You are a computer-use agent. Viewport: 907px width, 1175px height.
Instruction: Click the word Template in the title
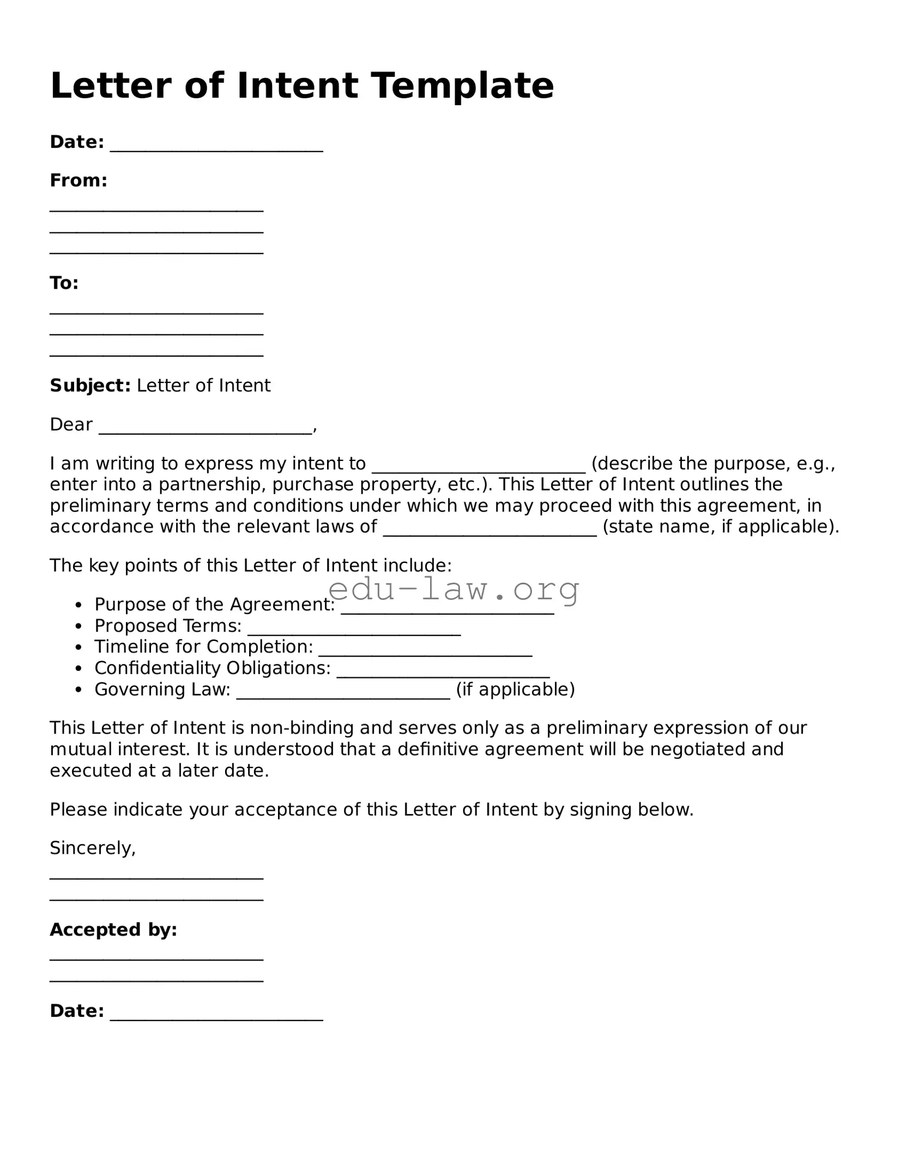tap(463, 86)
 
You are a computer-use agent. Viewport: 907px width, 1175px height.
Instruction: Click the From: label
tap(78, 181)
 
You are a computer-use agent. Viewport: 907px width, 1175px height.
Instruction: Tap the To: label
tap(64, 283)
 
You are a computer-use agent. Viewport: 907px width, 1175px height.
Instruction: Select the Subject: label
tap(90, 386)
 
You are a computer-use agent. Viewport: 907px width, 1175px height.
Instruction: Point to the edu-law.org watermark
tap(453, 589)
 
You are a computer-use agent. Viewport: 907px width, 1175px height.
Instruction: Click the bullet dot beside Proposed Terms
tap(79, 626)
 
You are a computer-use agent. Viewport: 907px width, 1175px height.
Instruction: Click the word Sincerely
tap(92, 848)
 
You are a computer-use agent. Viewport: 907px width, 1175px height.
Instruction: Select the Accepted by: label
tap(113, 930)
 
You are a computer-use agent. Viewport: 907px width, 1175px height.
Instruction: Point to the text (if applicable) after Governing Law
tap(515, 690)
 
